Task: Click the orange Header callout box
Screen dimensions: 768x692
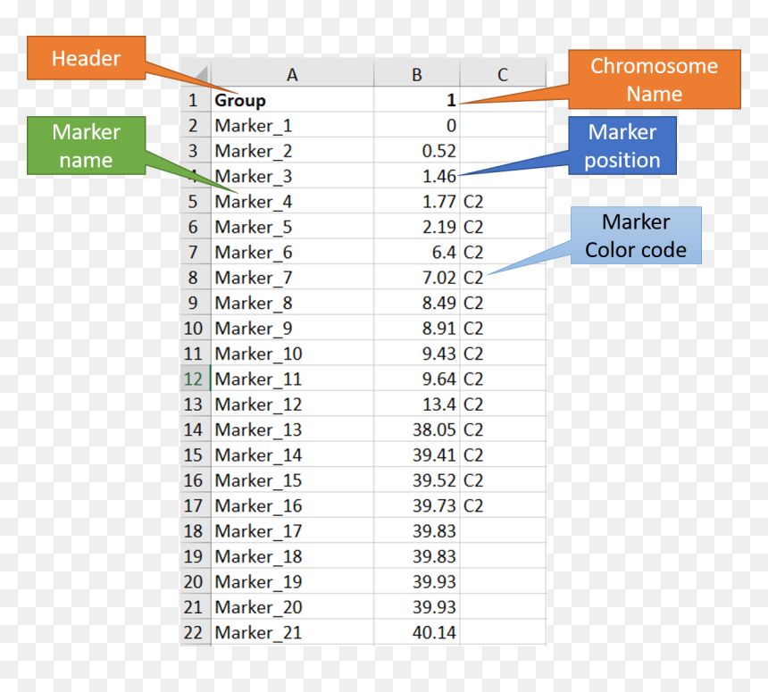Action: point(87,58)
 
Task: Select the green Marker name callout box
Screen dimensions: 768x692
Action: point(87,146)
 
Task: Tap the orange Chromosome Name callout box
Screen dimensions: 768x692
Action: point(655,79)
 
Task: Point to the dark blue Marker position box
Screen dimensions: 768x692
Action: point(622,146)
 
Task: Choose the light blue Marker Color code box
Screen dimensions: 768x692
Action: point(636,236)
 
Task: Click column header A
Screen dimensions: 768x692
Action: point(292,75)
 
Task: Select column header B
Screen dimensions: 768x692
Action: point(417,75)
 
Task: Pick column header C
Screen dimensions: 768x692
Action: point(503,75)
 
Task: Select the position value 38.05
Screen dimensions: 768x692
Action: point(434,430)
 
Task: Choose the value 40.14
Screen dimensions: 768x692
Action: point(434,633)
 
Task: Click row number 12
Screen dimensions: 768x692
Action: point(193,379)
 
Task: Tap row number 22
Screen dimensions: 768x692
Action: point(193,633)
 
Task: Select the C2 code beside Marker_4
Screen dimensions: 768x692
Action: point(473,202)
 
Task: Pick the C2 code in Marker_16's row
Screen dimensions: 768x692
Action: point(473,506)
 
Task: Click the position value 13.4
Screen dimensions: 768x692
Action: point(439,404)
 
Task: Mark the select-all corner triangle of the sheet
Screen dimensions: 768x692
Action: point(202,75)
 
